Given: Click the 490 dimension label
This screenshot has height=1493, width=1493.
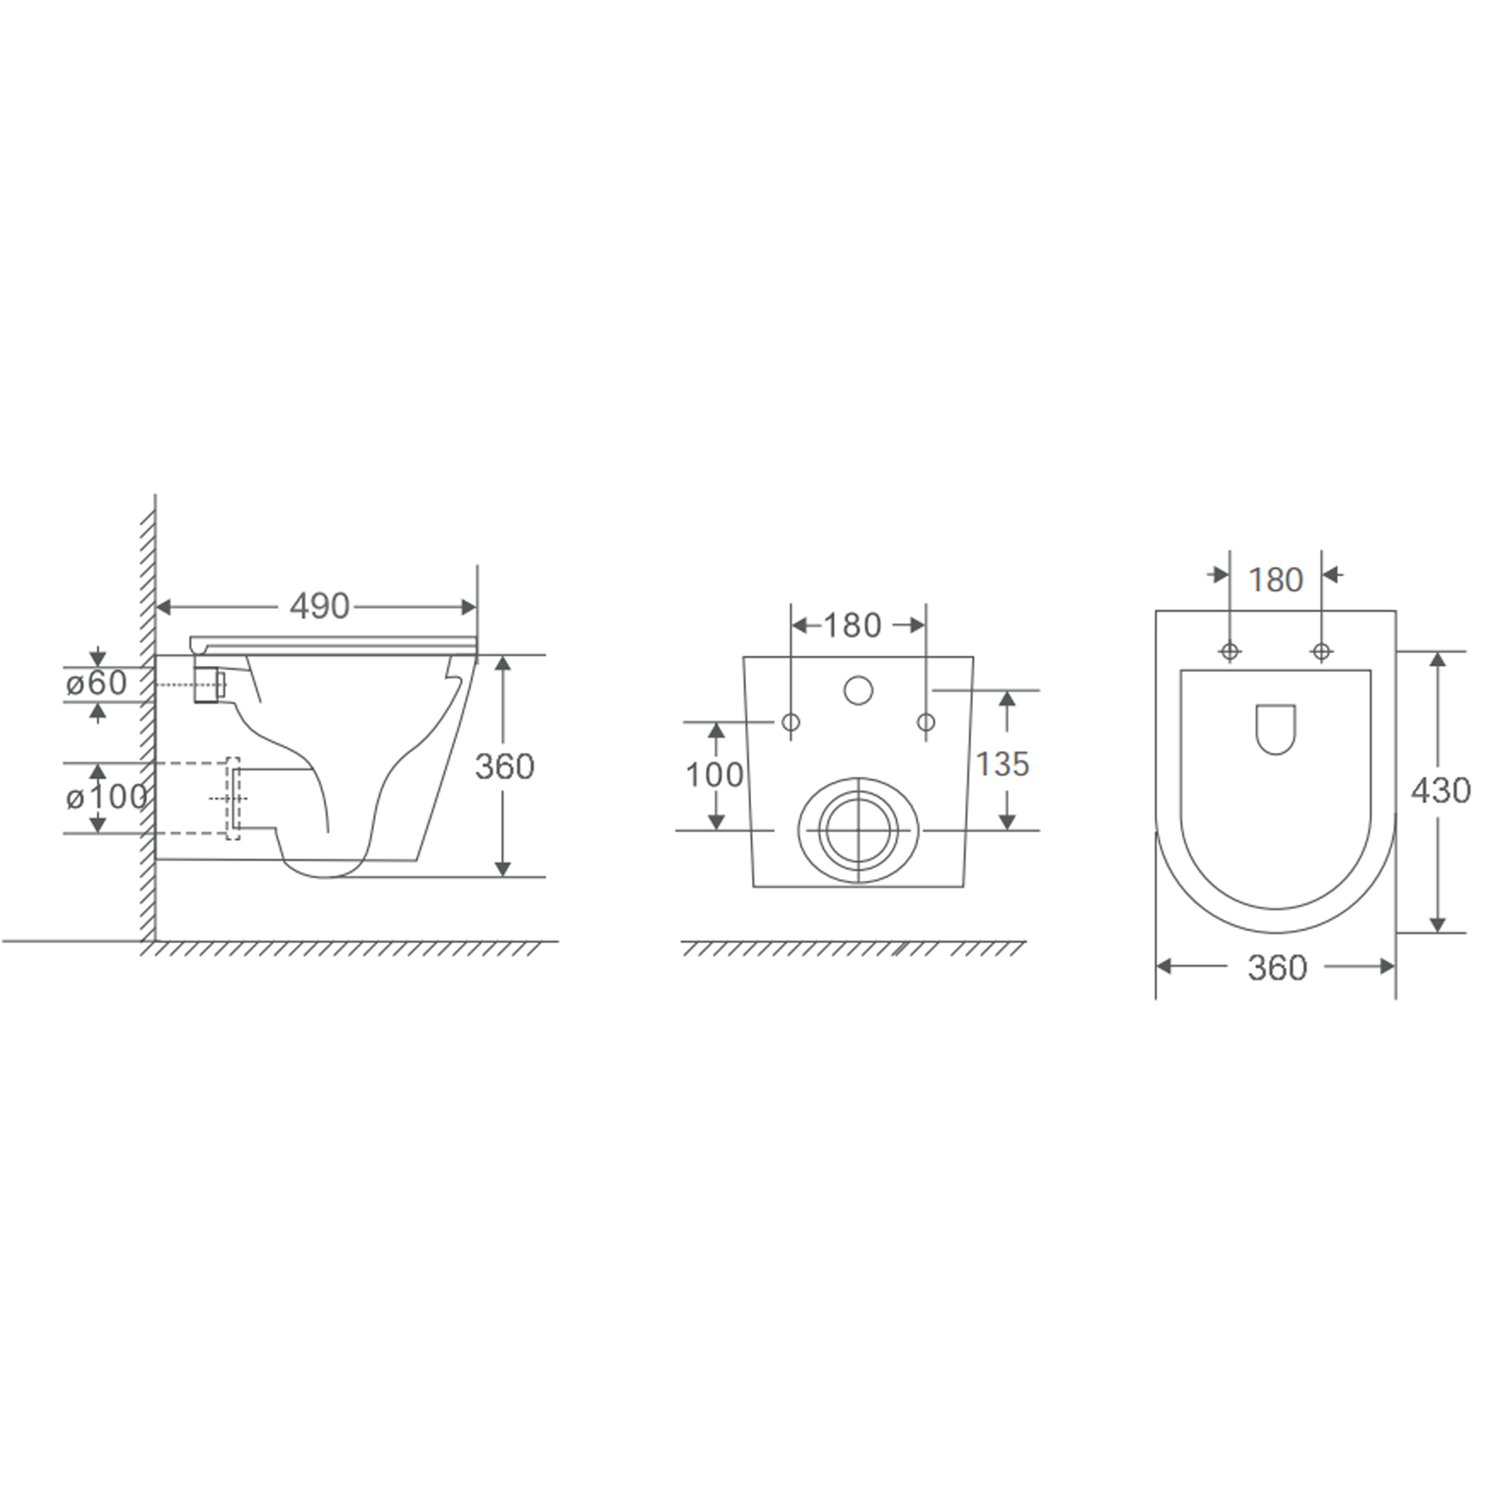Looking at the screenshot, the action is pos(320,607).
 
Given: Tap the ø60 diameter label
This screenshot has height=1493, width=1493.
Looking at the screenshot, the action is pos(97,683).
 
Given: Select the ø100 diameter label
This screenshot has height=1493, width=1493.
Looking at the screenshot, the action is pos(107,797).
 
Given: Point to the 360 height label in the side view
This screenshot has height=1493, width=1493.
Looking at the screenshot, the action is pos(505,766).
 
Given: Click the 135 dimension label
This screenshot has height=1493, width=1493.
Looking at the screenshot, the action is pos(1002,764).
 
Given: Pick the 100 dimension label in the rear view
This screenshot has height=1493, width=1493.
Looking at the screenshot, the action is pos(715,774).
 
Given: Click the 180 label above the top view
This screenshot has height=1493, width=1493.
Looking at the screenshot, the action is pos(1276,580).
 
